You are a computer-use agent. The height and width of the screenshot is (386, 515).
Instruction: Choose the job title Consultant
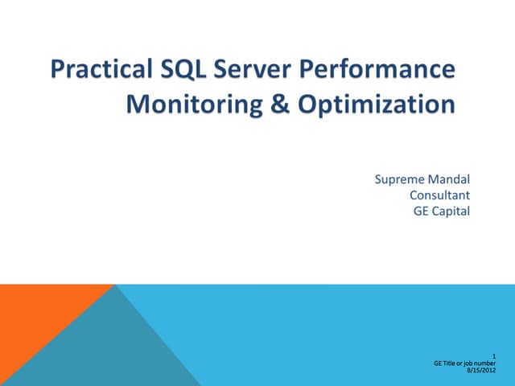point(440,195)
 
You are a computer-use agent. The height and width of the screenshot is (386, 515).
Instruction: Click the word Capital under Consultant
point(451,211)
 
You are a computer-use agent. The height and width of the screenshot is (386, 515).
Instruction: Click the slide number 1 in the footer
point(493,356)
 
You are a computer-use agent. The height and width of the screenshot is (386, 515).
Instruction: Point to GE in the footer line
point(438,363)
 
